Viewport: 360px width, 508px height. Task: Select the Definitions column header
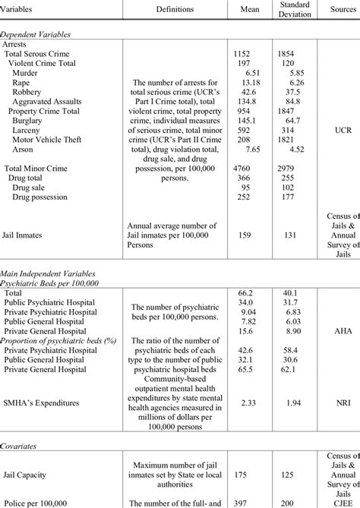click(175, 9)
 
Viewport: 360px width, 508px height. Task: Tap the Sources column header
click(336, 9)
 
